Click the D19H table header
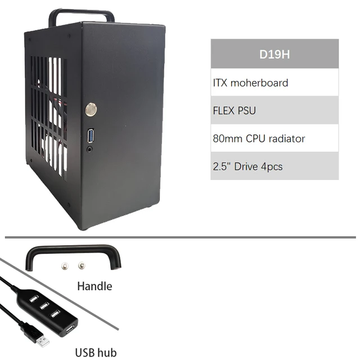(274, 55)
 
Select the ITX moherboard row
(274, 83)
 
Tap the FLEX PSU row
(274, 110)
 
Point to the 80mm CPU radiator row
(274, 138)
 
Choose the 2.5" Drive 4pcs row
(274, 166)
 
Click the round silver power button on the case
(91, 109)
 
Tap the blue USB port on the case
(91, 136)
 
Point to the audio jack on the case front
(90, 150)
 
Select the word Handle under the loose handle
(94, 286)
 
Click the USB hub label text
(96, 353)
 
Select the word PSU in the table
(246, 110)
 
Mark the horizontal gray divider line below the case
(180, 237)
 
